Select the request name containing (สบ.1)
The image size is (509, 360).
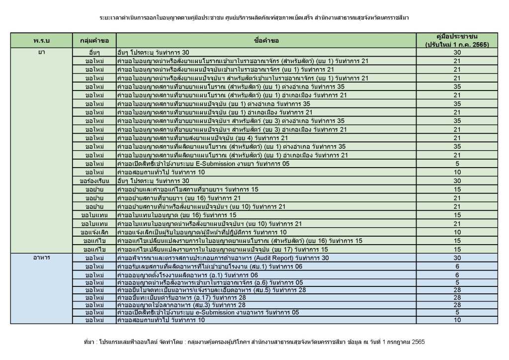point(209,267)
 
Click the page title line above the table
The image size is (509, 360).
point(254,17)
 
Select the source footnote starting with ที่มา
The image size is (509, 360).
point(254,342)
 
